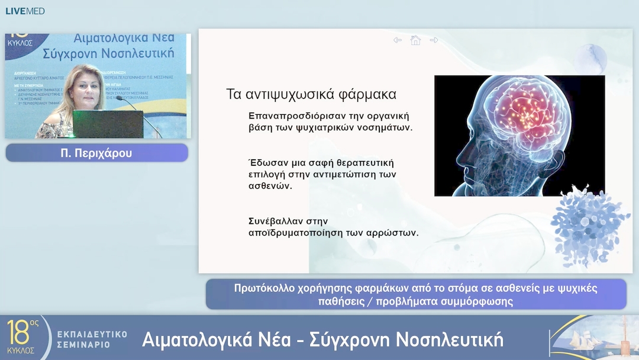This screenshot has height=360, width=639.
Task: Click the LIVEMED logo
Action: (x=25, y=11)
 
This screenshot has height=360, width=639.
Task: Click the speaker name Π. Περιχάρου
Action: (x=96, y=153)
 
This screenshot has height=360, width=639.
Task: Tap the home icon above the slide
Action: (x=415, y=40)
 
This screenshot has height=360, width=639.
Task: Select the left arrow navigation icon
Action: (x=398, y=40)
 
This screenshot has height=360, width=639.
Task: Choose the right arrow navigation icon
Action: (x=434, y=40)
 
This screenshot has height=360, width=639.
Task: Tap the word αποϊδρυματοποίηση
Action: (x=296, y=233)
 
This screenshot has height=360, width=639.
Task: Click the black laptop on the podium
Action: (x=108, y=124)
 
